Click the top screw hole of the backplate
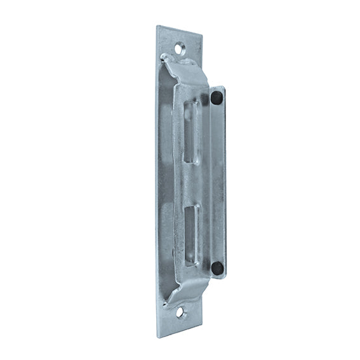click(x=180, y=47)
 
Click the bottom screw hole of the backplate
click(x=180, y=312)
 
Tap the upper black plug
click(x=217, y=98)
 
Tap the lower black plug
click(x=217, y=268)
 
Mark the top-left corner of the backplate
click(x=157, y=26)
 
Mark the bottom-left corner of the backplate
click(x=157, y=337)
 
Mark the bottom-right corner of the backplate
click(x=202, y=328)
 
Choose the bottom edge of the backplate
click(x=180, y=333)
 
